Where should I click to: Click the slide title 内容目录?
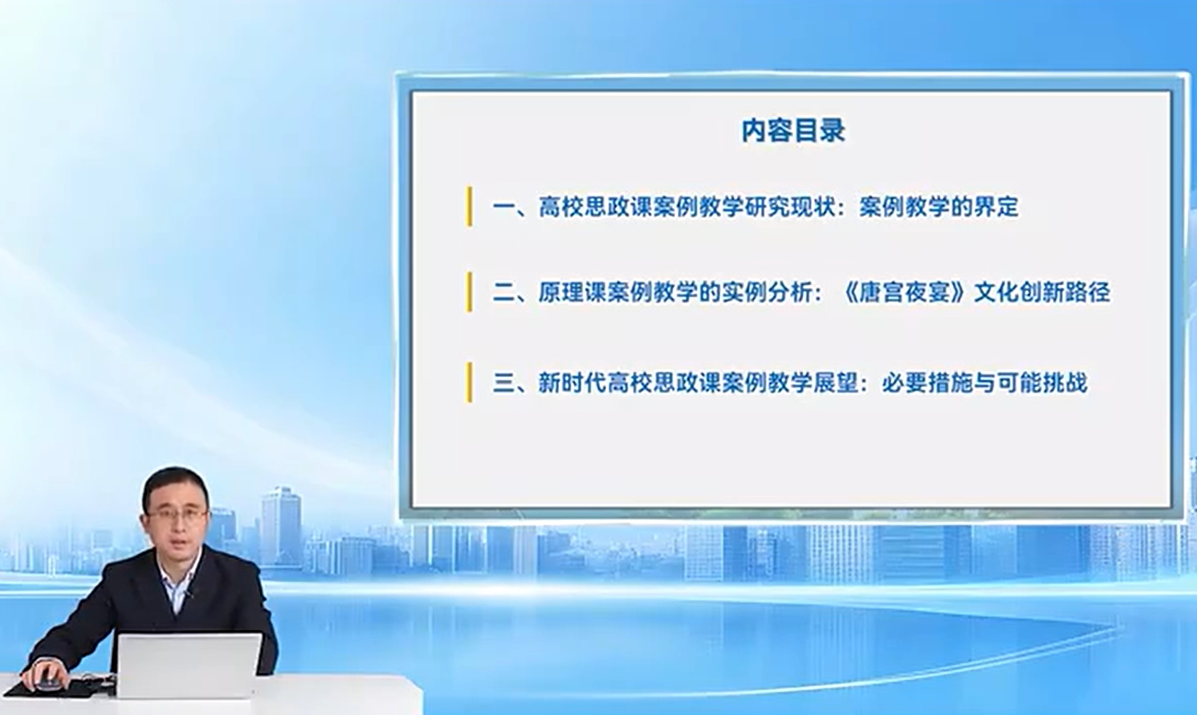point(793,131)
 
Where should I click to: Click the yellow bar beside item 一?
point(469,206)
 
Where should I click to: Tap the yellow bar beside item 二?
point(469,292)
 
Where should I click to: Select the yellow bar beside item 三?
point(469,382)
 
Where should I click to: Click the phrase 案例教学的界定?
point(939,207)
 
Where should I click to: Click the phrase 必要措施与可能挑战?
point(984,383)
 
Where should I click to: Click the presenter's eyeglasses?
point(177,515)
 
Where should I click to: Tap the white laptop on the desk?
point(188,666)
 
